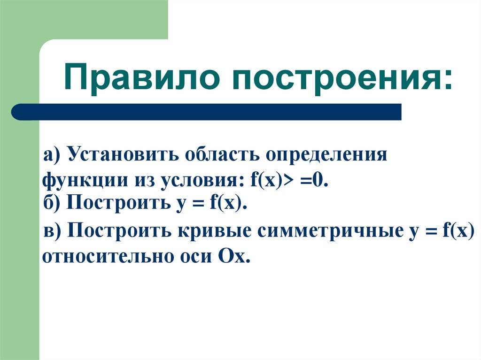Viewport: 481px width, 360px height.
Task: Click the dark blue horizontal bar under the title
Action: coord(207,112)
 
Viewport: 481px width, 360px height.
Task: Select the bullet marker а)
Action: coord(53,155)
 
